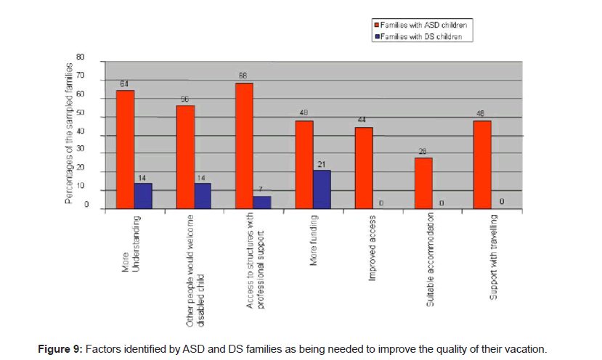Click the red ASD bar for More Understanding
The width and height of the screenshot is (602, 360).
click(125, 150)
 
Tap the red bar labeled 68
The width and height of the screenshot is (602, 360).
click(245, 146)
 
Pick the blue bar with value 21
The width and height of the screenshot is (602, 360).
click(322, 189)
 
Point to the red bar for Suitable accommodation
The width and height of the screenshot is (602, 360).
click(423, 184)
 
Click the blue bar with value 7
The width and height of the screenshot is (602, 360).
click(262, 202)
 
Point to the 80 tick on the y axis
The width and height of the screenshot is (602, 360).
click(81, 57)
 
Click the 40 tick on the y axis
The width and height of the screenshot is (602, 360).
click(81, 132)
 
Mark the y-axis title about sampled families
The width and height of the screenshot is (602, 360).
click(69, 134)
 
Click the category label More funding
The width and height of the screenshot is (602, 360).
click(314, 240)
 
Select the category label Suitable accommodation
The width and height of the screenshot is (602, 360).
click(431, 257)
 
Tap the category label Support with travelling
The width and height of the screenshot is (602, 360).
click(494, 255)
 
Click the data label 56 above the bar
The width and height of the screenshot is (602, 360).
click(185, 99)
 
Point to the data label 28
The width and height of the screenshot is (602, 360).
click(423, 151)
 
